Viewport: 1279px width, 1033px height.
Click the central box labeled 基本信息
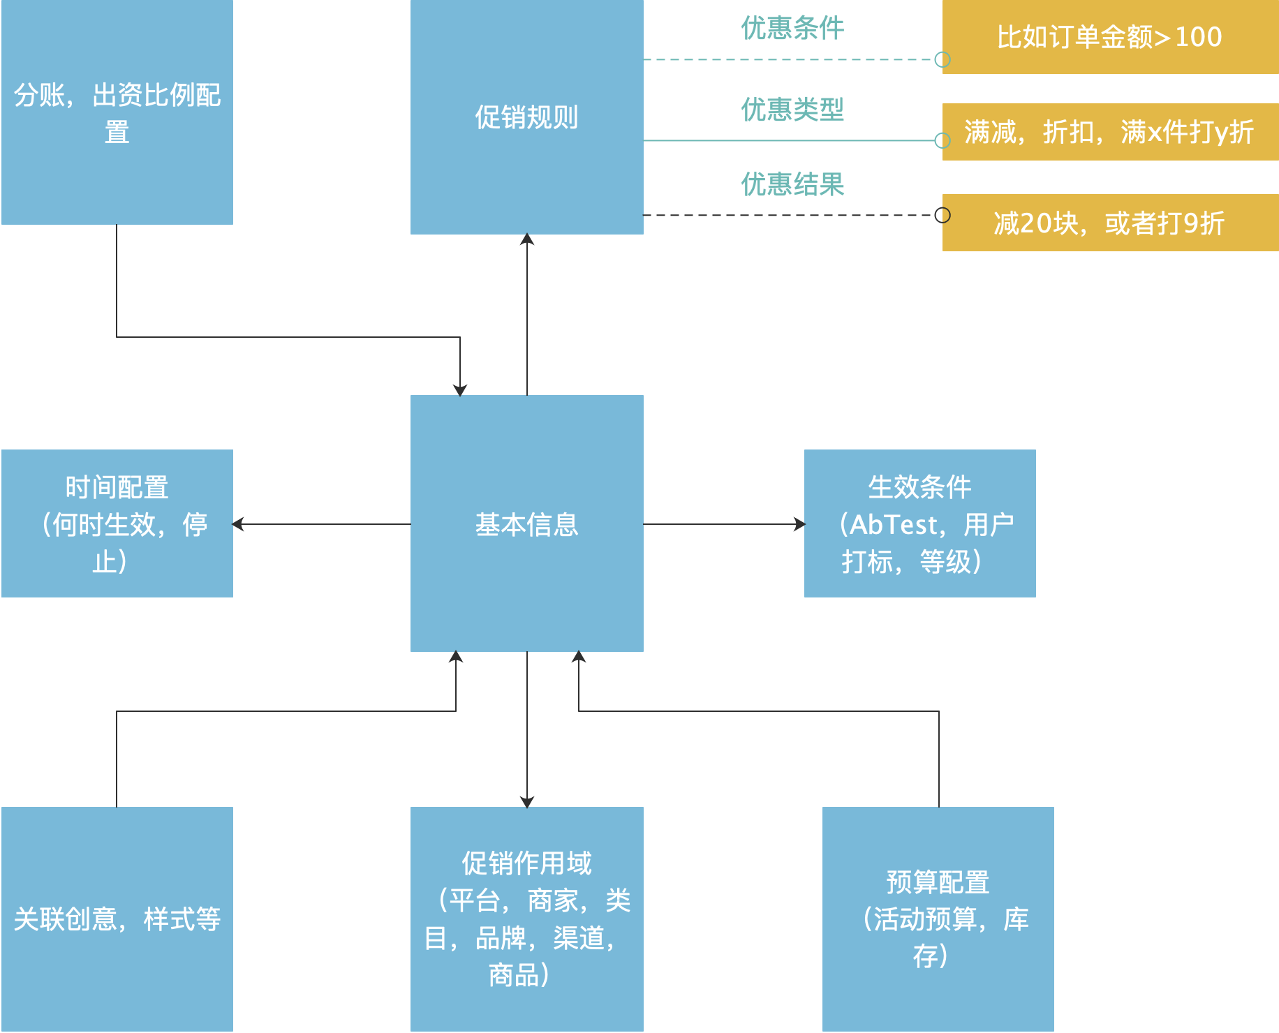526,523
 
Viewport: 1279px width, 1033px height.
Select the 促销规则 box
526,117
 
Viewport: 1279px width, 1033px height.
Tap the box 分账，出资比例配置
117,112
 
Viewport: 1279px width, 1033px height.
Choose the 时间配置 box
117,523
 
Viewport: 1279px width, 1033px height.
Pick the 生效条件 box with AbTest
919,523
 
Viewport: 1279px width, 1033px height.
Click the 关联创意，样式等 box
117,919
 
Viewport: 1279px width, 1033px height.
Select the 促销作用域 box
526,919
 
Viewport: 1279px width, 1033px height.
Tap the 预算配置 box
938,919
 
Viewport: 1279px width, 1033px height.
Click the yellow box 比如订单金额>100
1110,36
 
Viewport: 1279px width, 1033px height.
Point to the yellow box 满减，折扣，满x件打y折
1110,132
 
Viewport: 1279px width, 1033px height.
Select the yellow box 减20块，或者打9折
1110,223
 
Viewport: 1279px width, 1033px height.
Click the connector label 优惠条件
792,29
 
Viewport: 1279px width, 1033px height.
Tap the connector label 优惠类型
792,110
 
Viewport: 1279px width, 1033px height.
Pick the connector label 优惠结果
792,185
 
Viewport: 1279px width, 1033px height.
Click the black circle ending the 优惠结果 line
942,215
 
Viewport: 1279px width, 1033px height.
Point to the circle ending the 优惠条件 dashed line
942,60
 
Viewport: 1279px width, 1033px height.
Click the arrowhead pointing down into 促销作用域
527,801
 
